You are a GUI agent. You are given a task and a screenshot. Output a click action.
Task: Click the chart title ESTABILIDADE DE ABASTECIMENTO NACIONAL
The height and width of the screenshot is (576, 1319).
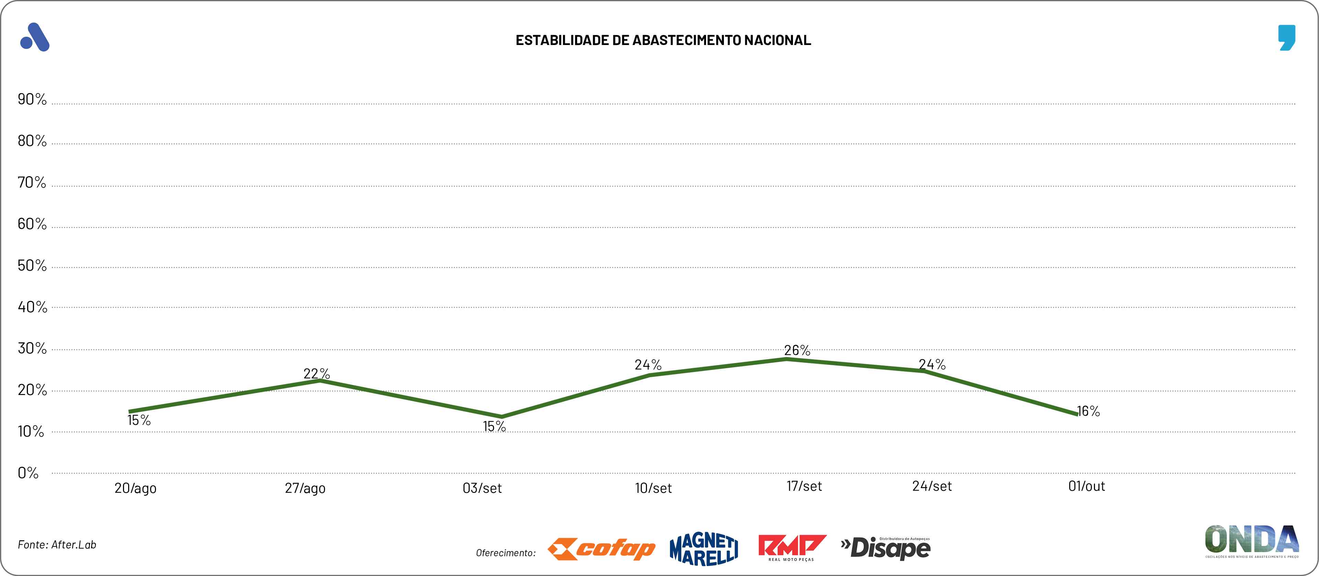tap(663, 41)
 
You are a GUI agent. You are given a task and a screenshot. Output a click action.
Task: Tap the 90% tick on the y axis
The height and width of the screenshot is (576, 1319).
tap(32, 99)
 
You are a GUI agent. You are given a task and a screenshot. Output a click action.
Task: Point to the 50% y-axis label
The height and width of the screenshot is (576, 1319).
tap(32, 266)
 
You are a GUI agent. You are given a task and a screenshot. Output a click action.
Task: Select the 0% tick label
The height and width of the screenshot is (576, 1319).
tap(28, 473)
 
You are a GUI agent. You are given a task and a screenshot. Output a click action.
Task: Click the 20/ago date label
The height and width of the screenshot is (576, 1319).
tap(135, 488)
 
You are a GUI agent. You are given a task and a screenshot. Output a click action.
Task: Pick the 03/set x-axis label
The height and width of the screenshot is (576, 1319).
tap(482, 488)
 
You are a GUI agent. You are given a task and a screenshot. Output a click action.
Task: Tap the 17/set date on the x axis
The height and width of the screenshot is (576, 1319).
tap(804, 486)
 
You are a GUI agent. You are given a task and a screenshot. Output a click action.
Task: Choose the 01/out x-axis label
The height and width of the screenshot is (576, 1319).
tap(1086, 486)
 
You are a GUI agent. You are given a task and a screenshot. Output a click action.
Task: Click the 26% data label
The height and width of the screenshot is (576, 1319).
tap(797, 351)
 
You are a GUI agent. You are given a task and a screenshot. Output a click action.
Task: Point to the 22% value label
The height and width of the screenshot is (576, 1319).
tap(316, 374)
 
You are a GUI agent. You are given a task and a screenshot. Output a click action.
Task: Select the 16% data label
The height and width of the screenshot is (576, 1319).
tap(1088, 411)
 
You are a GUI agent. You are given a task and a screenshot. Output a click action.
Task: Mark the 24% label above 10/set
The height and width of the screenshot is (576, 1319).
tap(648, 365)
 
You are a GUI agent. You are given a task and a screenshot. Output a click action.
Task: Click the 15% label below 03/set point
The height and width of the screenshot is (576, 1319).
tap(494, 427)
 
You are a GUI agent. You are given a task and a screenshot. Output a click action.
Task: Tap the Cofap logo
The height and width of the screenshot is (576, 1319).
tap(601, 549)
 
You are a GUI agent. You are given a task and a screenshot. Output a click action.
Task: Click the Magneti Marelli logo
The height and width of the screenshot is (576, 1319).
tap(704, 549)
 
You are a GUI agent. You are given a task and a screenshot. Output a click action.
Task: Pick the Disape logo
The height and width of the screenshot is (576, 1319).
tap(886, 549)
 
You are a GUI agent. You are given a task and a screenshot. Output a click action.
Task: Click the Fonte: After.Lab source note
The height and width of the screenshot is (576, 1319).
tap(57, 545)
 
